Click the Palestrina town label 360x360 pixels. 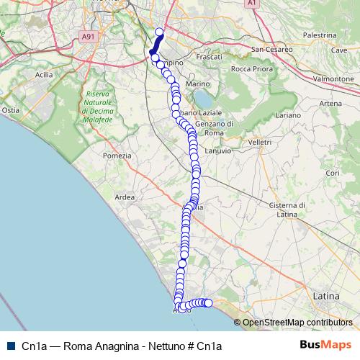pos(320,35)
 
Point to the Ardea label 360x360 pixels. pos(125,197)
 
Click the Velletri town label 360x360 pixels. pos(259,143)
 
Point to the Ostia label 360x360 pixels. pos(11,110)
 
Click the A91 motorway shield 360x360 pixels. pos(88,35)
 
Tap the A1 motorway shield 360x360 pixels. pos(251,4)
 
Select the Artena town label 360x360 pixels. pos(330,104)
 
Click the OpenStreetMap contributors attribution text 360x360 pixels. pos(297,323)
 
